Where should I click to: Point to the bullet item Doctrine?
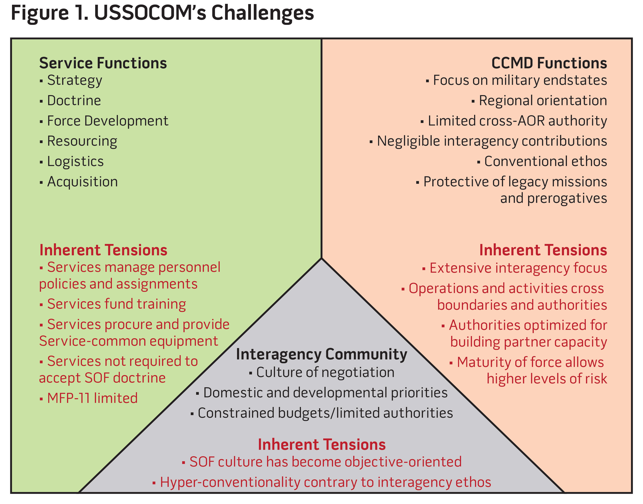point(74,101)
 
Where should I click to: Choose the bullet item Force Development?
point(107,121)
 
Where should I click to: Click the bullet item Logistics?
point(75,162)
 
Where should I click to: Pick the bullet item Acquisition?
point(82,182)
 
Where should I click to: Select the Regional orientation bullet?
point(542,101)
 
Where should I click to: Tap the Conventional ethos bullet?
point(545,162)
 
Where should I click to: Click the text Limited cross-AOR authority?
point(517,121)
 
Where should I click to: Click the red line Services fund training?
point(116,304)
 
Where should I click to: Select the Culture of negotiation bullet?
point(325,372)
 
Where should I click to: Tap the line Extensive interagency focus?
point(518,268)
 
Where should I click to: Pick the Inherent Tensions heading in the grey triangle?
point(321,444)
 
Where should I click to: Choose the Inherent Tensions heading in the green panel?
point(103,250)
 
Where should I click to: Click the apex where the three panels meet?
point(321,259)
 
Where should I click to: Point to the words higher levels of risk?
point(547,379)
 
